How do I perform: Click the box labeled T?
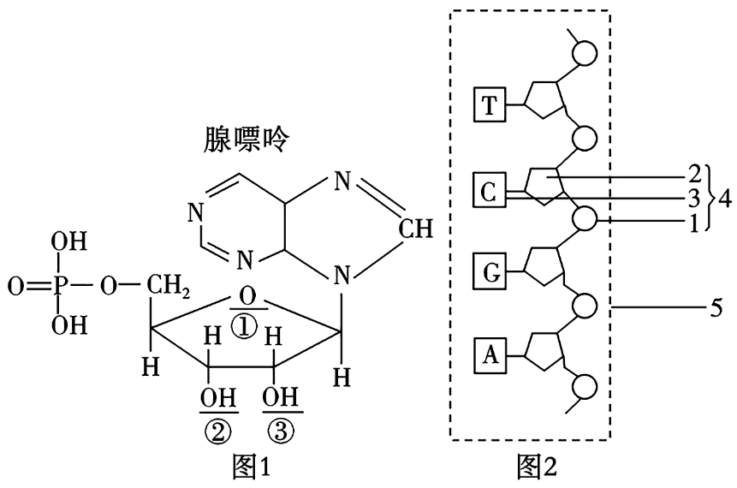[x=489, y=106]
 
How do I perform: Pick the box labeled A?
[x=489, y=354]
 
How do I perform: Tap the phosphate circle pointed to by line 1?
[x=585, y=218]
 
